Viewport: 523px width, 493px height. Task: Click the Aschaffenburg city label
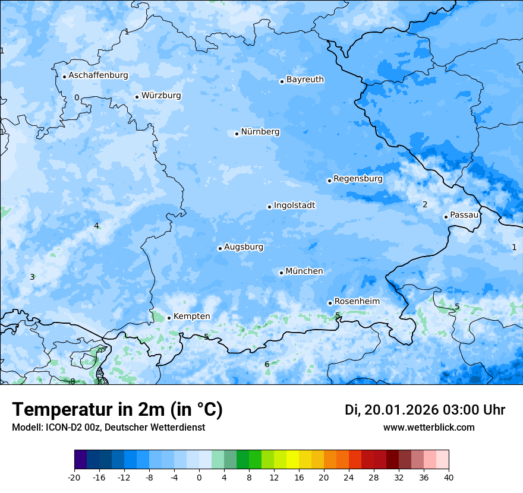98,75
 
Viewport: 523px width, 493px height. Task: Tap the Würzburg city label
161,96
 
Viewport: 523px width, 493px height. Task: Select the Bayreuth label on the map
305,80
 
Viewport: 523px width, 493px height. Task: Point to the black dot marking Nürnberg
237,134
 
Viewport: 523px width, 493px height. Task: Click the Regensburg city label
358,179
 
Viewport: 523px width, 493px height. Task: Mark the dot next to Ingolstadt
269,207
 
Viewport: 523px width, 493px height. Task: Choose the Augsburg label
244,247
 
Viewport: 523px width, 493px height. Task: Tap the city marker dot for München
281,273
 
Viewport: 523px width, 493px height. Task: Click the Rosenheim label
357,302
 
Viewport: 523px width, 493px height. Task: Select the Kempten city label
191,317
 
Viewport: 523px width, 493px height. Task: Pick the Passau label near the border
464,215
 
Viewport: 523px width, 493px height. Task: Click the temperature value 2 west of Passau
425,205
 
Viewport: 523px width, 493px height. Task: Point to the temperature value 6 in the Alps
267,364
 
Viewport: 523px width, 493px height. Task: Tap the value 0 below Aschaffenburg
76,98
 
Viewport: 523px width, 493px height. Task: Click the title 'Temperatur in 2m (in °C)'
117,410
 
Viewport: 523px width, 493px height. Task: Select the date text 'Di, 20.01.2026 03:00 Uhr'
424,410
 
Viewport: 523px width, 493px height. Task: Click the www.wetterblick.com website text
429,428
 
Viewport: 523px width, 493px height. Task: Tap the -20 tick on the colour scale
74,478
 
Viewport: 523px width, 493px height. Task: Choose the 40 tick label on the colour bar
448,478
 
